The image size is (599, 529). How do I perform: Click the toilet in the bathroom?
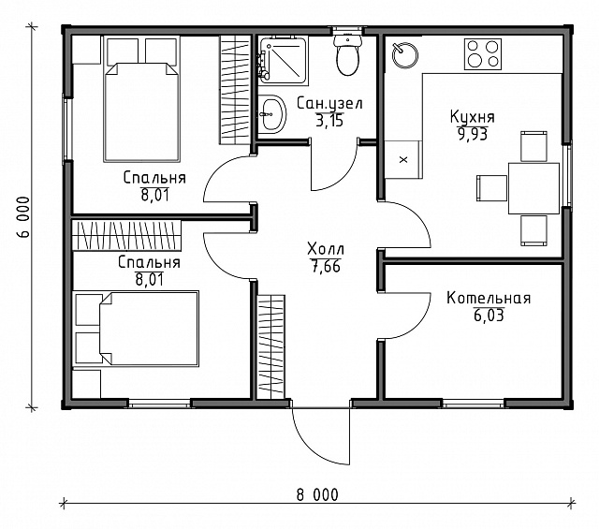point(347,55)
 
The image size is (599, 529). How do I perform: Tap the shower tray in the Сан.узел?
point(283,60)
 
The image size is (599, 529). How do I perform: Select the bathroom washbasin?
point(272,114)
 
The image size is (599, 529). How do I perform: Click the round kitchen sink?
point(405,55)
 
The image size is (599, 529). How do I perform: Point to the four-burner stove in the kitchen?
point(483,54)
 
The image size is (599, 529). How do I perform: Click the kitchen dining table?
point(533,188)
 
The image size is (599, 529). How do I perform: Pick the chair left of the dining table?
point(492,187)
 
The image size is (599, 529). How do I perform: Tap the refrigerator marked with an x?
point(403,159)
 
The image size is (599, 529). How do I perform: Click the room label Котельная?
point(489,298)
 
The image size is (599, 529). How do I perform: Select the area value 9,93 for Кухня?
point(473,134)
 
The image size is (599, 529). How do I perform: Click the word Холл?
point(326,249)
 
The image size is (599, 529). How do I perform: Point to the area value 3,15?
point(329,121)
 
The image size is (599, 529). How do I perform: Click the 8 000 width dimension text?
point(317,495)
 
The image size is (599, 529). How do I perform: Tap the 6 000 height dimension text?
point(23,217)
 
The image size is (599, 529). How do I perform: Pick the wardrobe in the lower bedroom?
point(126,235)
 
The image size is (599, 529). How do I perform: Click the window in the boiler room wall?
point(474,404)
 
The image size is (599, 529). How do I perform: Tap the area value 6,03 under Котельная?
point(489,316)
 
